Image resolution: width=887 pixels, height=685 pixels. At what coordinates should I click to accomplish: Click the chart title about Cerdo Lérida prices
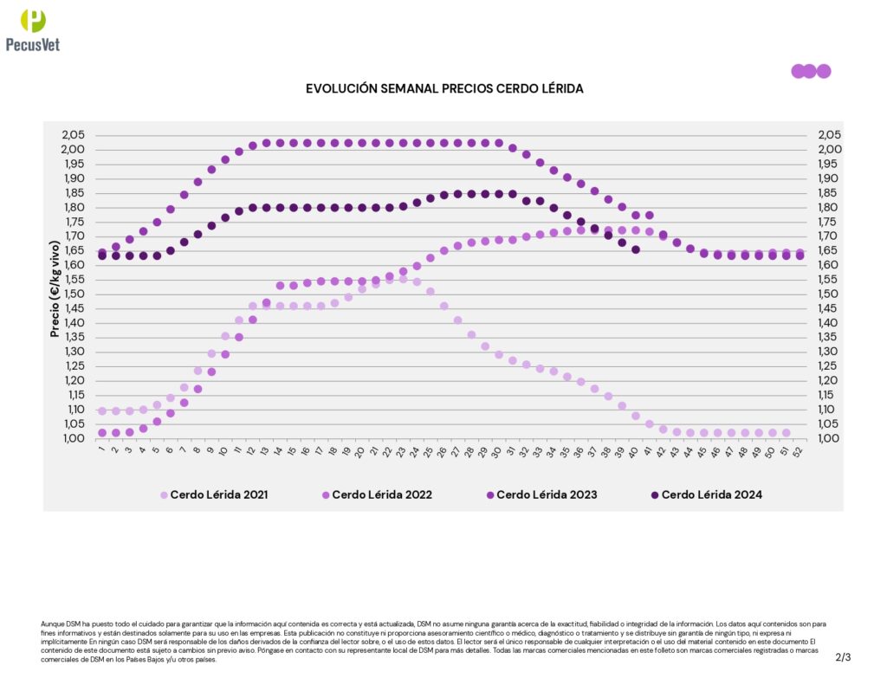point(444,88)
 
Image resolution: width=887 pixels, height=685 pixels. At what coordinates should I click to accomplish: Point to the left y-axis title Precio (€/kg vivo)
point(55,287)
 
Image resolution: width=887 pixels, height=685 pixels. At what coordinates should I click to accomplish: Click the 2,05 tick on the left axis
point(74,135)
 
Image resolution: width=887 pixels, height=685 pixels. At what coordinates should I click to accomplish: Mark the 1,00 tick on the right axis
point(829,438)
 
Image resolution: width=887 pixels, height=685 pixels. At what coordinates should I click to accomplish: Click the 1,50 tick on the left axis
point(74,294)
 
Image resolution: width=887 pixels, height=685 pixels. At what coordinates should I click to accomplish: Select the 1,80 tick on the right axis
point(829,207)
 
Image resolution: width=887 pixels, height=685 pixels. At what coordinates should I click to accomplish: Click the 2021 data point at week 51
point(786,433)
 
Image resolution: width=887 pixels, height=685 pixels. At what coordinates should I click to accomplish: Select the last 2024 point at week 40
point(636,249)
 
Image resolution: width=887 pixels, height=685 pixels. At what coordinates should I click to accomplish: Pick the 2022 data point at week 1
point(102,433)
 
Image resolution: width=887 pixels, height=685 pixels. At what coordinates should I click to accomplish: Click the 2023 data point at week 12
point(253,145)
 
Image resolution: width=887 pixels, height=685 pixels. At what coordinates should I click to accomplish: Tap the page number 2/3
point(843,657)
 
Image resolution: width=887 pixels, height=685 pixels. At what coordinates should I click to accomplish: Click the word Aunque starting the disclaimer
point(53,624)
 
